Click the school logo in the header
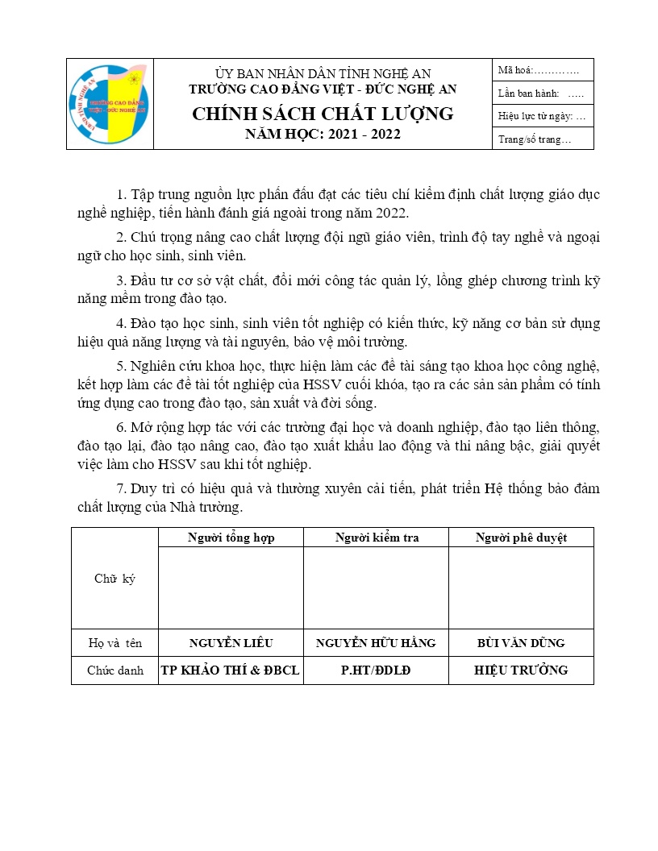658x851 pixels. pos(110,105)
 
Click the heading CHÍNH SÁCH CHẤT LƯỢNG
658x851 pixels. pos(323,114)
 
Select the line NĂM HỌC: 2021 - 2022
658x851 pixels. pos(323,135)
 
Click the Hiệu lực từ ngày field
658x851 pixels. pos(542,116)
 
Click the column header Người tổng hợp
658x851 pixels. pos(231,538)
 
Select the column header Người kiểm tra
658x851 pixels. pos(376,538)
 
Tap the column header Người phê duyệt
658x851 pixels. pos(521,538)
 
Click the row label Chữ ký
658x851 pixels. pos(115,579)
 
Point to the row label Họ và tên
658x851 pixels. pos(115,643)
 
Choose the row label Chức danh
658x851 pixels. pos(115,670)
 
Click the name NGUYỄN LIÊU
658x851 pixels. pos(231,643)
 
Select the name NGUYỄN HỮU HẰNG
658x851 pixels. pos(376,643)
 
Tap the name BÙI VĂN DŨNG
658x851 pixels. pos(521,643)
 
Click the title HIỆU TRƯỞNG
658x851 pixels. pos(521,670)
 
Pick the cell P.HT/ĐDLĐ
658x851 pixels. pos(376,670)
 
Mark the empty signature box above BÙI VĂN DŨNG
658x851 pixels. pos(521,587)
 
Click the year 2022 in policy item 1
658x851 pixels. pos(390,214)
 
